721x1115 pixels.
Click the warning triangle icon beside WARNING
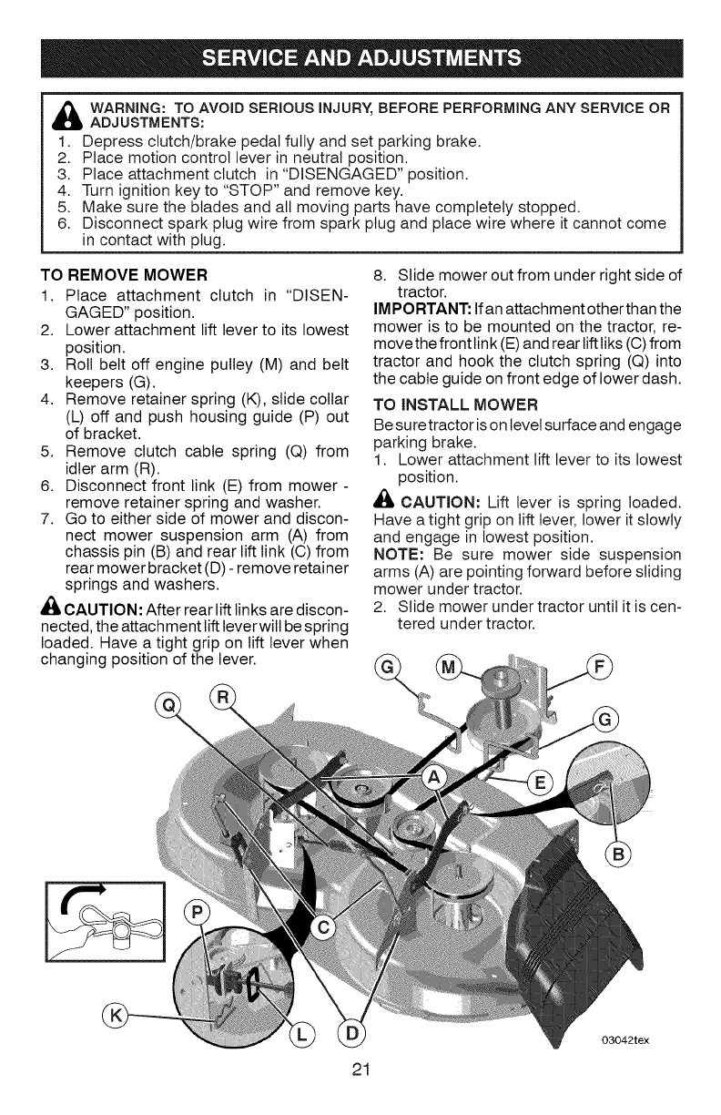[68, 113]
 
